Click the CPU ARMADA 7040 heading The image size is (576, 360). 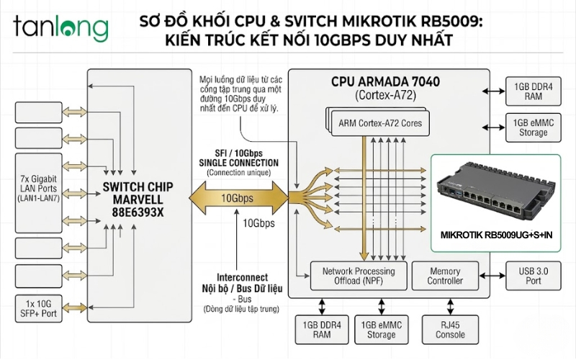pos(388,82)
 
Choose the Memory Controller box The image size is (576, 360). pos(445,276)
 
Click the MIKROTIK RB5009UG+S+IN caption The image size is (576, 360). pos(496,235)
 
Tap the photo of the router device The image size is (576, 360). pos(498,192)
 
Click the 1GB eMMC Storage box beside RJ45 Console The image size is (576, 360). pos(382,329)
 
